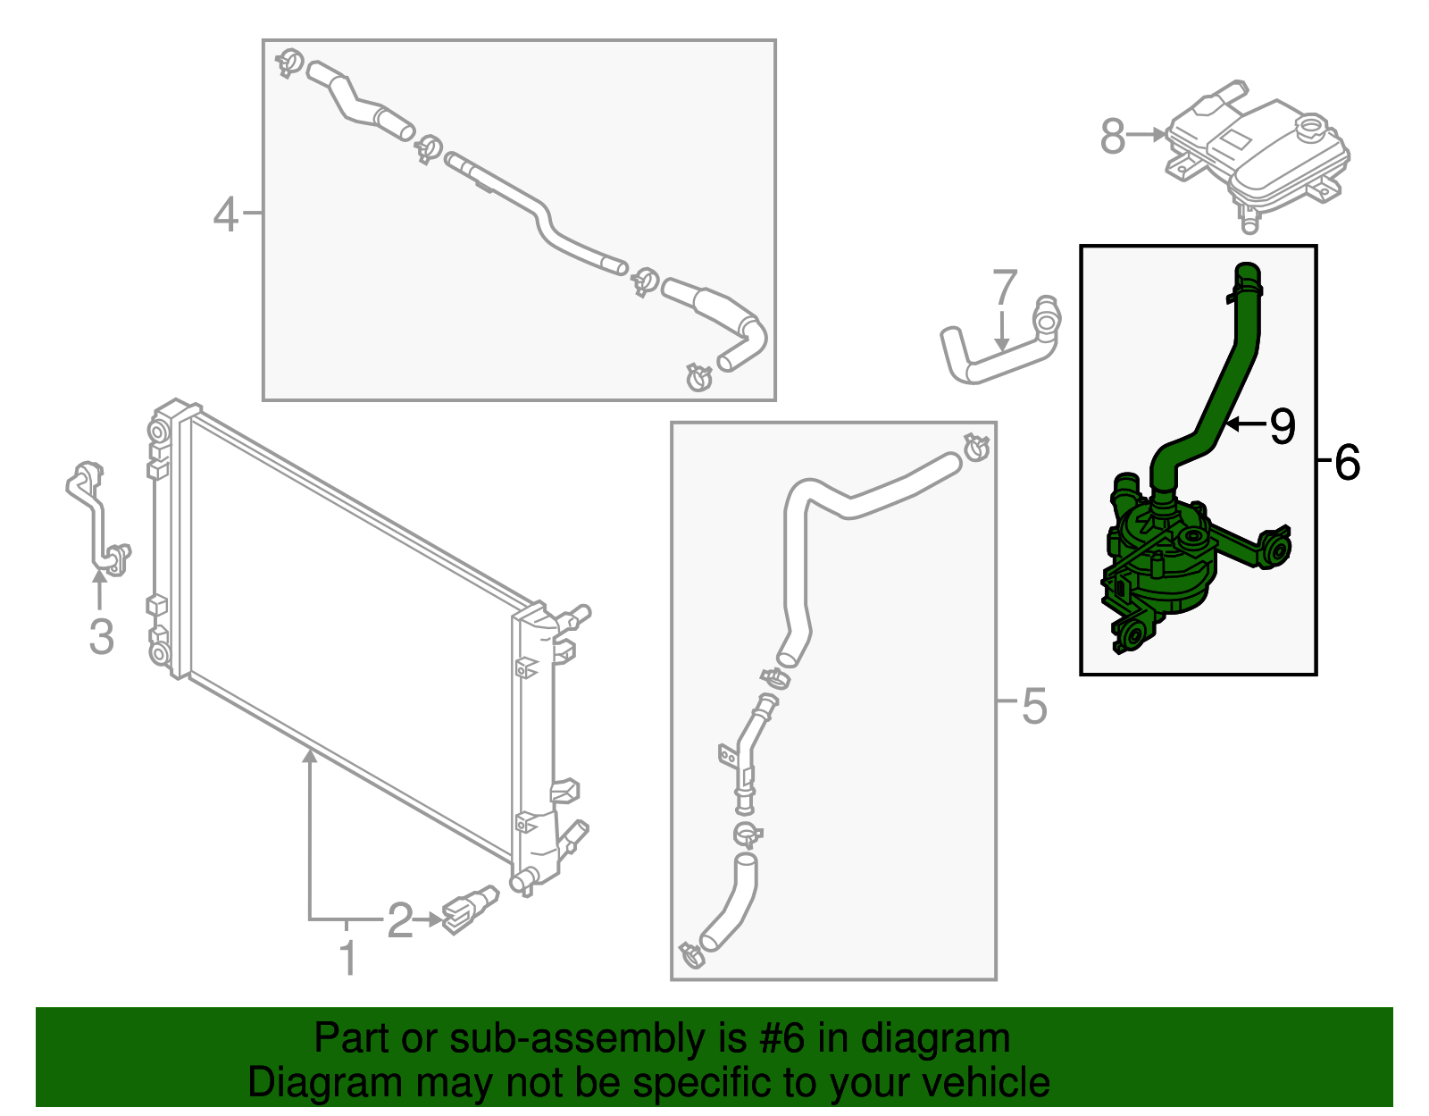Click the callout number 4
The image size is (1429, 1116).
tap(226, 214)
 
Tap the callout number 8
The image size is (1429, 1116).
tap(1112, 137)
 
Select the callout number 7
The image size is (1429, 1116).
tap(1004, 288)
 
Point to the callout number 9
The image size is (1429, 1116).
tap(1282, 425)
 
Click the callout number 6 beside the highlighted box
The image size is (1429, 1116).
tap(1347, 462)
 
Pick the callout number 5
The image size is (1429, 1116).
tap(1033, 706)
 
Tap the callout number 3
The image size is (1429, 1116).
tap(101, 636)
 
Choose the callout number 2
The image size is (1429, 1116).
tap(400, 920)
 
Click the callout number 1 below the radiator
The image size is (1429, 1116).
tap(349, 958)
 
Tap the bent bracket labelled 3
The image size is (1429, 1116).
tap(97, 519)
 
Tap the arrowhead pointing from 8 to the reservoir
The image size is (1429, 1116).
tap(1158, 135)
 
